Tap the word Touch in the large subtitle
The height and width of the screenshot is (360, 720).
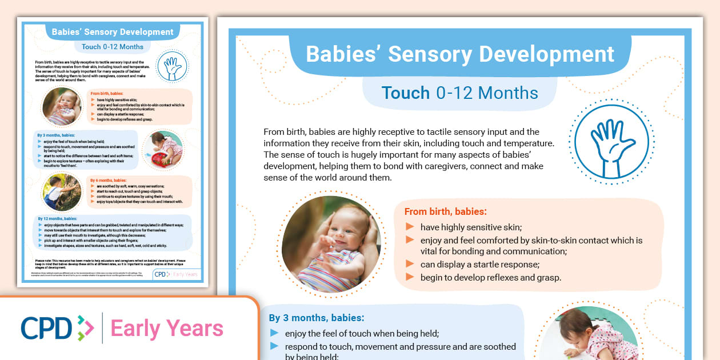406,93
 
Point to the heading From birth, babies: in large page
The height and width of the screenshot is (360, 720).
446,211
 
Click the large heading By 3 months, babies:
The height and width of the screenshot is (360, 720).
317,318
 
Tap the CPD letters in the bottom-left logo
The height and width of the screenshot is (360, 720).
47,328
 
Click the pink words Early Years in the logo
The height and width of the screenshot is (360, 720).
167,329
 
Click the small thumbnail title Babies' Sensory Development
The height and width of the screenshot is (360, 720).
113,32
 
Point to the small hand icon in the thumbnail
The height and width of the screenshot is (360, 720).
171,68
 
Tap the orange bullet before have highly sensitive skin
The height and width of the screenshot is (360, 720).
409,227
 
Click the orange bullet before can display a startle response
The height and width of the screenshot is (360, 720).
409,264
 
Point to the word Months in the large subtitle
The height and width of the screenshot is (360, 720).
508,93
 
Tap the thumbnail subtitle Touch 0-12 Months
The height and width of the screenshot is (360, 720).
108,47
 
